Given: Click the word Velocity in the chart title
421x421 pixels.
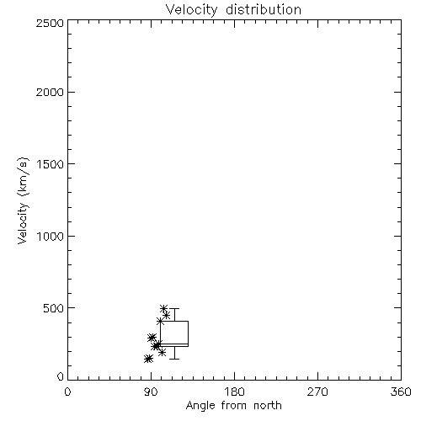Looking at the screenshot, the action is click(x=191, y=10).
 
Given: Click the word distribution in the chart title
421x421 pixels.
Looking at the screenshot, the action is click(x=264, y=9).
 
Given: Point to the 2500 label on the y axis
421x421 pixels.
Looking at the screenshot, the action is click(x=51, y=23).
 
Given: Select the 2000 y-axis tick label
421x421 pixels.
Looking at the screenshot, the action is click(x=51, y=92).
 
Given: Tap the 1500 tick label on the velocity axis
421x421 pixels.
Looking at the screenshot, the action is click(x=51, y=164).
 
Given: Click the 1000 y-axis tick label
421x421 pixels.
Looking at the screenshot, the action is click(x=51, y=237).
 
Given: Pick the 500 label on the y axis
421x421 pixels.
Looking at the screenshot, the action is click(x=54, y=308).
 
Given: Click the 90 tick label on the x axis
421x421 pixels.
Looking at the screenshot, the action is click(x=152, y=392).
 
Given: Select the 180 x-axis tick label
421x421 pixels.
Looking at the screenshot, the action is click(x=234, y=392).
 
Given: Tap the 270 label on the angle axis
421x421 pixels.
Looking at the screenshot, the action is click(x=317, y=392).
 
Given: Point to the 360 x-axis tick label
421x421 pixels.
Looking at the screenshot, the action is click(x=401, y=392).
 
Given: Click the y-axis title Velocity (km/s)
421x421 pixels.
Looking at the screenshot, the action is click(x=23, y=200).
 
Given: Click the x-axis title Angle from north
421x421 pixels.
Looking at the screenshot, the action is click(x=234, y=405).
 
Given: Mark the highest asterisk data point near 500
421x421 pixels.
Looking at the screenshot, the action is click(x=164, y=308).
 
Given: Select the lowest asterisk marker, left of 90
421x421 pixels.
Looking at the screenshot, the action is click(x=148, y=359).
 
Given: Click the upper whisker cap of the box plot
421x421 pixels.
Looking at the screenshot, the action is click(x=175, y=308).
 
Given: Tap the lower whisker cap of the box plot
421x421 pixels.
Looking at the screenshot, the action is click(x=175, y=359).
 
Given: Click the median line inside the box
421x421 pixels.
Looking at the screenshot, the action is click(x=174, y=344).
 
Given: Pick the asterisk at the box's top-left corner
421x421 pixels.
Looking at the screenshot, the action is click(x=160, y=321).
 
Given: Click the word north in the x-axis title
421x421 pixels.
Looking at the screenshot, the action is click(x=267, y=405).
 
